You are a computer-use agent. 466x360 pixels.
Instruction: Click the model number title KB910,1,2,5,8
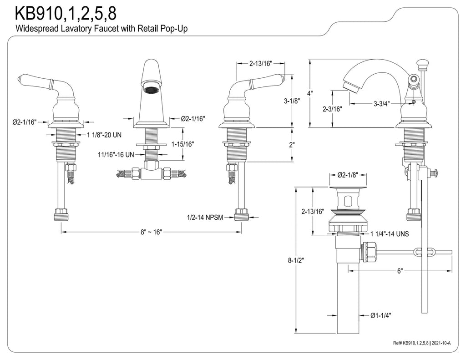[66, 13]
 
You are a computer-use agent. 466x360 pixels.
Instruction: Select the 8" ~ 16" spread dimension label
[151, 232]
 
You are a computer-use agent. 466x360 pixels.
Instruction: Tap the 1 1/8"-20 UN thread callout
[104, 135]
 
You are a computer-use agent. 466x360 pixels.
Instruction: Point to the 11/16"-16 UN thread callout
[116, 155]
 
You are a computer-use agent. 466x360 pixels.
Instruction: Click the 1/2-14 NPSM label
[205, 218]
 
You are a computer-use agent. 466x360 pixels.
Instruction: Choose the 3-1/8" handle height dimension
[292, 101]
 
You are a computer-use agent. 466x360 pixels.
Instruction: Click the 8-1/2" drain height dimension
[296, 260]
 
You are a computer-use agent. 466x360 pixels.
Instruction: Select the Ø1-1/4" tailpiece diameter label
[381, 315]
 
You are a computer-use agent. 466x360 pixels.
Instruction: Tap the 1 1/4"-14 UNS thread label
[390, 234]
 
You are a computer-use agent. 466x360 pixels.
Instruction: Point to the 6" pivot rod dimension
[400, 271]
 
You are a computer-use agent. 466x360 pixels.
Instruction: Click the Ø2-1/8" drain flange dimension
[348, 175]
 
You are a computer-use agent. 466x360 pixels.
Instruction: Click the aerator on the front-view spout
[151, 89]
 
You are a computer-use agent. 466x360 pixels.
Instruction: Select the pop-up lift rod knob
[422, 64]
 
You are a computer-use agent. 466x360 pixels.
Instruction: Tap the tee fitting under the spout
[151, 171]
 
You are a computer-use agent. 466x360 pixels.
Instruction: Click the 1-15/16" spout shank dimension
[182, 144]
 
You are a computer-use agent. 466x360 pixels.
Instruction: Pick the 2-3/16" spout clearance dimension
[332, 109]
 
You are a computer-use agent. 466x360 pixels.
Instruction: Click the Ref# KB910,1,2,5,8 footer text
[411, 343]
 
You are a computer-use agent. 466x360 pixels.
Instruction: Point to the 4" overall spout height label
[310, 93]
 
